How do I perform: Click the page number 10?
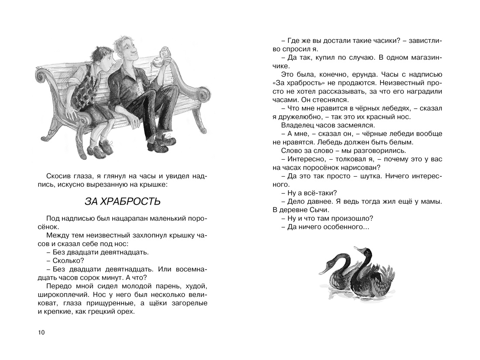[41, 333]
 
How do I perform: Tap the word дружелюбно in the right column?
[296, 117]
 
